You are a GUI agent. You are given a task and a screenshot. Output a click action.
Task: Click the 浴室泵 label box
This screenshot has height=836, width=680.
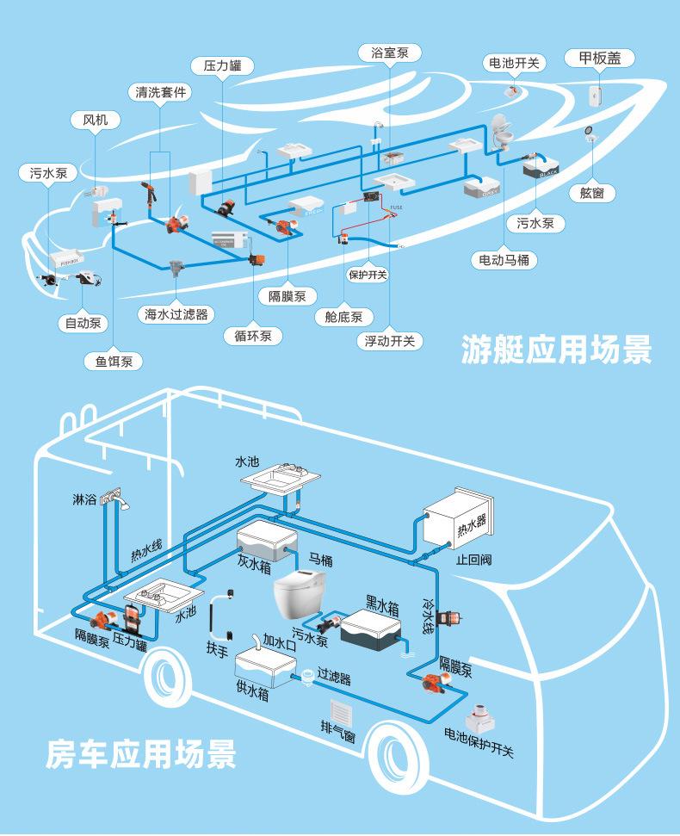tap(390, 53)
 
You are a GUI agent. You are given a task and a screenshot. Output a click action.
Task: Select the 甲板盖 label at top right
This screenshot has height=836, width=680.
tap(599, 59)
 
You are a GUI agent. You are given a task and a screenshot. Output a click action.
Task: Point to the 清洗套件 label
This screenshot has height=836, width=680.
tap(159, 92)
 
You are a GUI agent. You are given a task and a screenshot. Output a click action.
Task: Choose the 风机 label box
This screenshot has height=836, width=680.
tap(95, 121)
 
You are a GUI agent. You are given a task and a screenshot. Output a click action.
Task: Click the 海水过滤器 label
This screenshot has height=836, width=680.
tap(176, 314)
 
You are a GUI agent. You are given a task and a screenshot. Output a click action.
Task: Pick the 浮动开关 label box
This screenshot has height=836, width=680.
tap(390, 341)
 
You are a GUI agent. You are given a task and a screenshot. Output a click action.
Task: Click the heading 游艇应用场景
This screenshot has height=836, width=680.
tap(556, 349)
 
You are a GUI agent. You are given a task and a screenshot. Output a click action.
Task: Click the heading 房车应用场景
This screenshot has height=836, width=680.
tap(141, 753)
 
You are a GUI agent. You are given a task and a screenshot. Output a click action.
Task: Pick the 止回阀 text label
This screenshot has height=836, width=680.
tap(474, 559)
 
